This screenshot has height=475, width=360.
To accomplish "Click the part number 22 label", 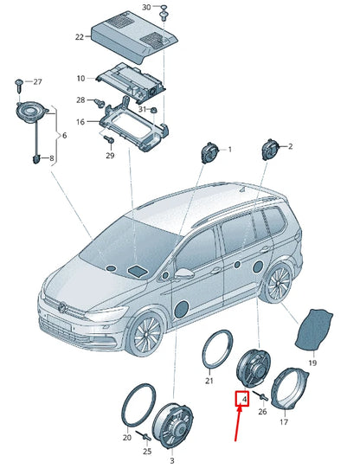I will [x=80, y=37].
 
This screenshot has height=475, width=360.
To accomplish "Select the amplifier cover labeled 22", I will [x=128, y=35].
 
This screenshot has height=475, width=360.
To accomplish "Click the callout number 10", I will [x=80, y=77].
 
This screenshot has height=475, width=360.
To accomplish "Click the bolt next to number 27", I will [x=18, y=83].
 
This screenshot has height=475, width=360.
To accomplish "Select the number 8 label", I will [x=50, y=158].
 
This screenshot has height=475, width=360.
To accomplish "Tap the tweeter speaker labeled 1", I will [x=209, y=154].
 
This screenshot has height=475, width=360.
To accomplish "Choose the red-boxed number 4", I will [x=244, y=399].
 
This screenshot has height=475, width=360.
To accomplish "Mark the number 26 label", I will [x=262, y=412].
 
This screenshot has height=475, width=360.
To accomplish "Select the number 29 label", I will [x=110, y=156].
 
